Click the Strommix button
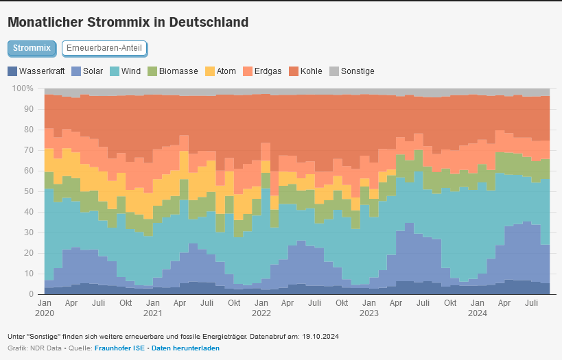point(32,48)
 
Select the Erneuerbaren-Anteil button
point(104,48)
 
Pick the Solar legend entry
point(88,71)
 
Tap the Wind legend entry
point(126,71)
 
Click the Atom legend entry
point(221,71)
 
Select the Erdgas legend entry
point(261,71)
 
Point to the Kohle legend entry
point(305,71)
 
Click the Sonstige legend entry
point(352,71)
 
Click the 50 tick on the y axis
point(28,191)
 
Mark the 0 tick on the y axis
point(31,294)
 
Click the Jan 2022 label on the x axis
point(261,307)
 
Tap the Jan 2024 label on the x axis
point(478,307)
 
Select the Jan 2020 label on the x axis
point(45,307)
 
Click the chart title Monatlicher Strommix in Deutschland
point(128,22)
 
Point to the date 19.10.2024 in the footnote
point(320,337)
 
